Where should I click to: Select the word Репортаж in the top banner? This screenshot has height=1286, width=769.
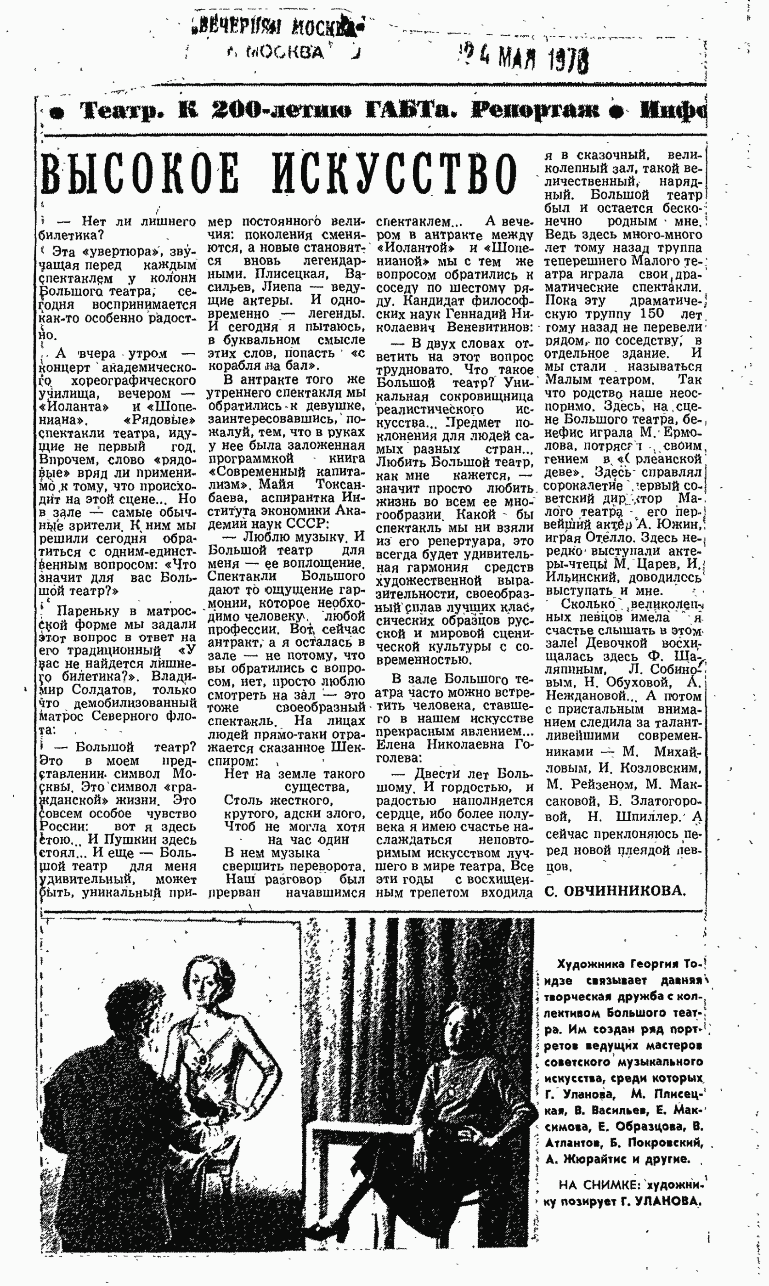point(535,111)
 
